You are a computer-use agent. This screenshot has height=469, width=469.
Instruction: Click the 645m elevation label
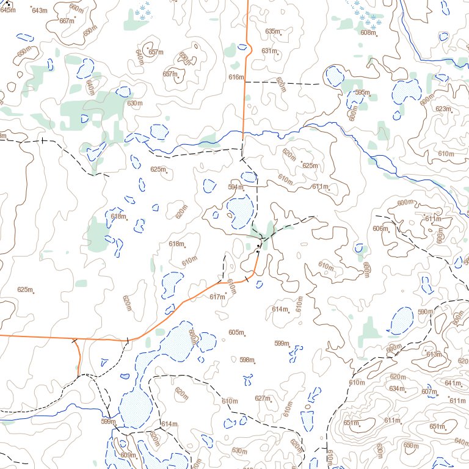pos(8,10)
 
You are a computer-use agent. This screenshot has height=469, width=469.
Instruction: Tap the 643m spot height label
pos(38,11)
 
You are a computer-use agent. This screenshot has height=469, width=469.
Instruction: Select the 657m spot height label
pos(156,53)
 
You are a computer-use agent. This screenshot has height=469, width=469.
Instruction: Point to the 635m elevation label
pos(272,31)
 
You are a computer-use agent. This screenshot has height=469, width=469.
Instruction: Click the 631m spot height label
pos(269,51)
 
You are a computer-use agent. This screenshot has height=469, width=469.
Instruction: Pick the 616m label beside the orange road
pos(236,77)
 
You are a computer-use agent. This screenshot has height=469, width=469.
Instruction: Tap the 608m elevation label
pos(368,32)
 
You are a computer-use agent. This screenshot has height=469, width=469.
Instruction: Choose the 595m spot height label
pos(362,92)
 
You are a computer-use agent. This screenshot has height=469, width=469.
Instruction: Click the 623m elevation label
pos(443,109)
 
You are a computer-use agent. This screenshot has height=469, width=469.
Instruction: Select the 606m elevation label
pos(380,228)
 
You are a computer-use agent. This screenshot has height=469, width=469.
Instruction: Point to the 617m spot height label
pos(217,297)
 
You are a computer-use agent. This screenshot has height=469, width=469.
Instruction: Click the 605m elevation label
pos(236,332)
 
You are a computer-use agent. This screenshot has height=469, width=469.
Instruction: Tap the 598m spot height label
pos(247,359)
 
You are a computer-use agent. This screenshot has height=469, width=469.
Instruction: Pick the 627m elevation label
pos(263,398)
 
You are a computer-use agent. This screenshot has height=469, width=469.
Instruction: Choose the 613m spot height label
pos(434,355)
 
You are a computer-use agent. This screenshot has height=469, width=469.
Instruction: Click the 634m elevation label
pos(397,388)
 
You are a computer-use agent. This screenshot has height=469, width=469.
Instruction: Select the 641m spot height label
pos(453,383)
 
